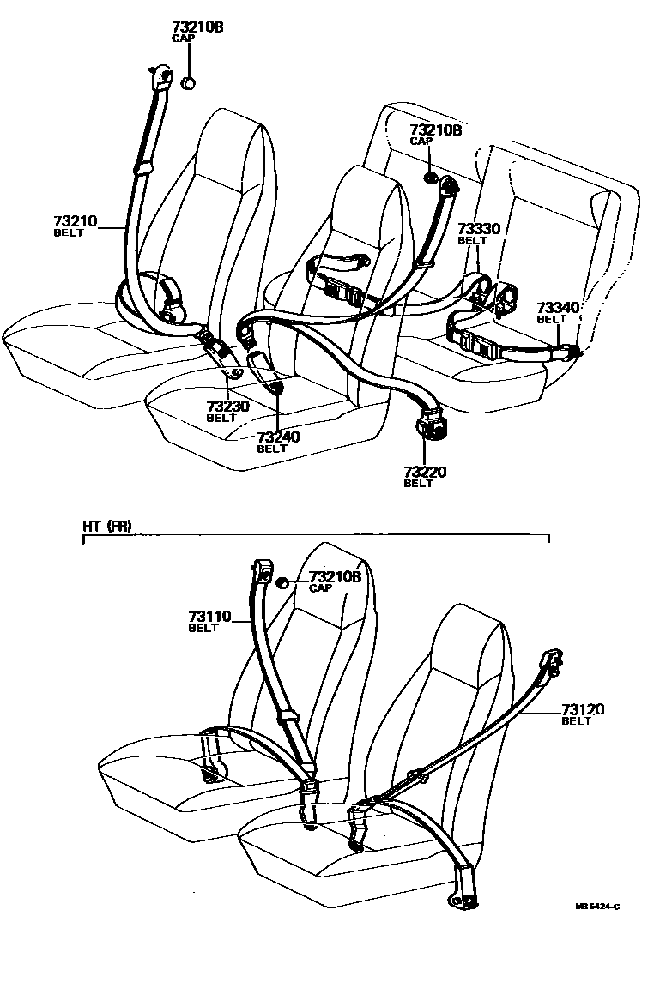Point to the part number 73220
click(425, 472)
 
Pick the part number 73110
click(209, 617)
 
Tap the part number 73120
click(584, 709)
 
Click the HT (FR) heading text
click(107, 527)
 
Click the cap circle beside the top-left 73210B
click(190, 83)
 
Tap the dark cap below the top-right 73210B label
click(428, 178)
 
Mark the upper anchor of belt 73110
click(264, 568)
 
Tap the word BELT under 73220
click(418, 484)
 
